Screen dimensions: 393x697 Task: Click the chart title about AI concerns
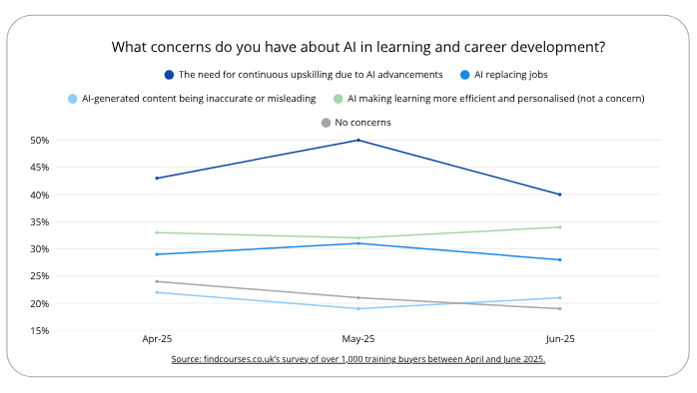pos(358,47)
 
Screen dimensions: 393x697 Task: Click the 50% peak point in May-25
pos(358,140)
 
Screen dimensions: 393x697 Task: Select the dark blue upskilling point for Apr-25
pos(157,178)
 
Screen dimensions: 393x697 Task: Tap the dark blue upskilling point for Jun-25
pos(560,195)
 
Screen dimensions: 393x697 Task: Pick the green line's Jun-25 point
pos(560,226)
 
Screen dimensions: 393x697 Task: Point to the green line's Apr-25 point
pos(157,232)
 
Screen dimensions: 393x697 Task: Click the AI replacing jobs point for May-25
pos(358,243)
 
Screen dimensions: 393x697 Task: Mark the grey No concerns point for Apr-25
pos(157,281)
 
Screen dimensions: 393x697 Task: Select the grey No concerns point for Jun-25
pos(560,308)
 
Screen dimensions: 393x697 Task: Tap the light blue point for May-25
pos(358,308)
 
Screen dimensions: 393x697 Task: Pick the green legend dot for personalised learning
pos(339,99)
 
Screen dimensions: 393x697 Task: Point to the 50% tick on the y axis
pos(40,141)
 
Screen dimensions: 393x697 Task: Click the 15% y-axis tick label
pos(40,330)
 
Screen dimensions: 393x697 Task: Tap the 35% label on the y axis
pos(40,221)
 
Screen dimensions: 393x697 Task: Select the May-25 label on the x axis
pos(358,340)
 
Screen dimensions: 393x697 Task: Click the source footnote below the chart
pos(358,359)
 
